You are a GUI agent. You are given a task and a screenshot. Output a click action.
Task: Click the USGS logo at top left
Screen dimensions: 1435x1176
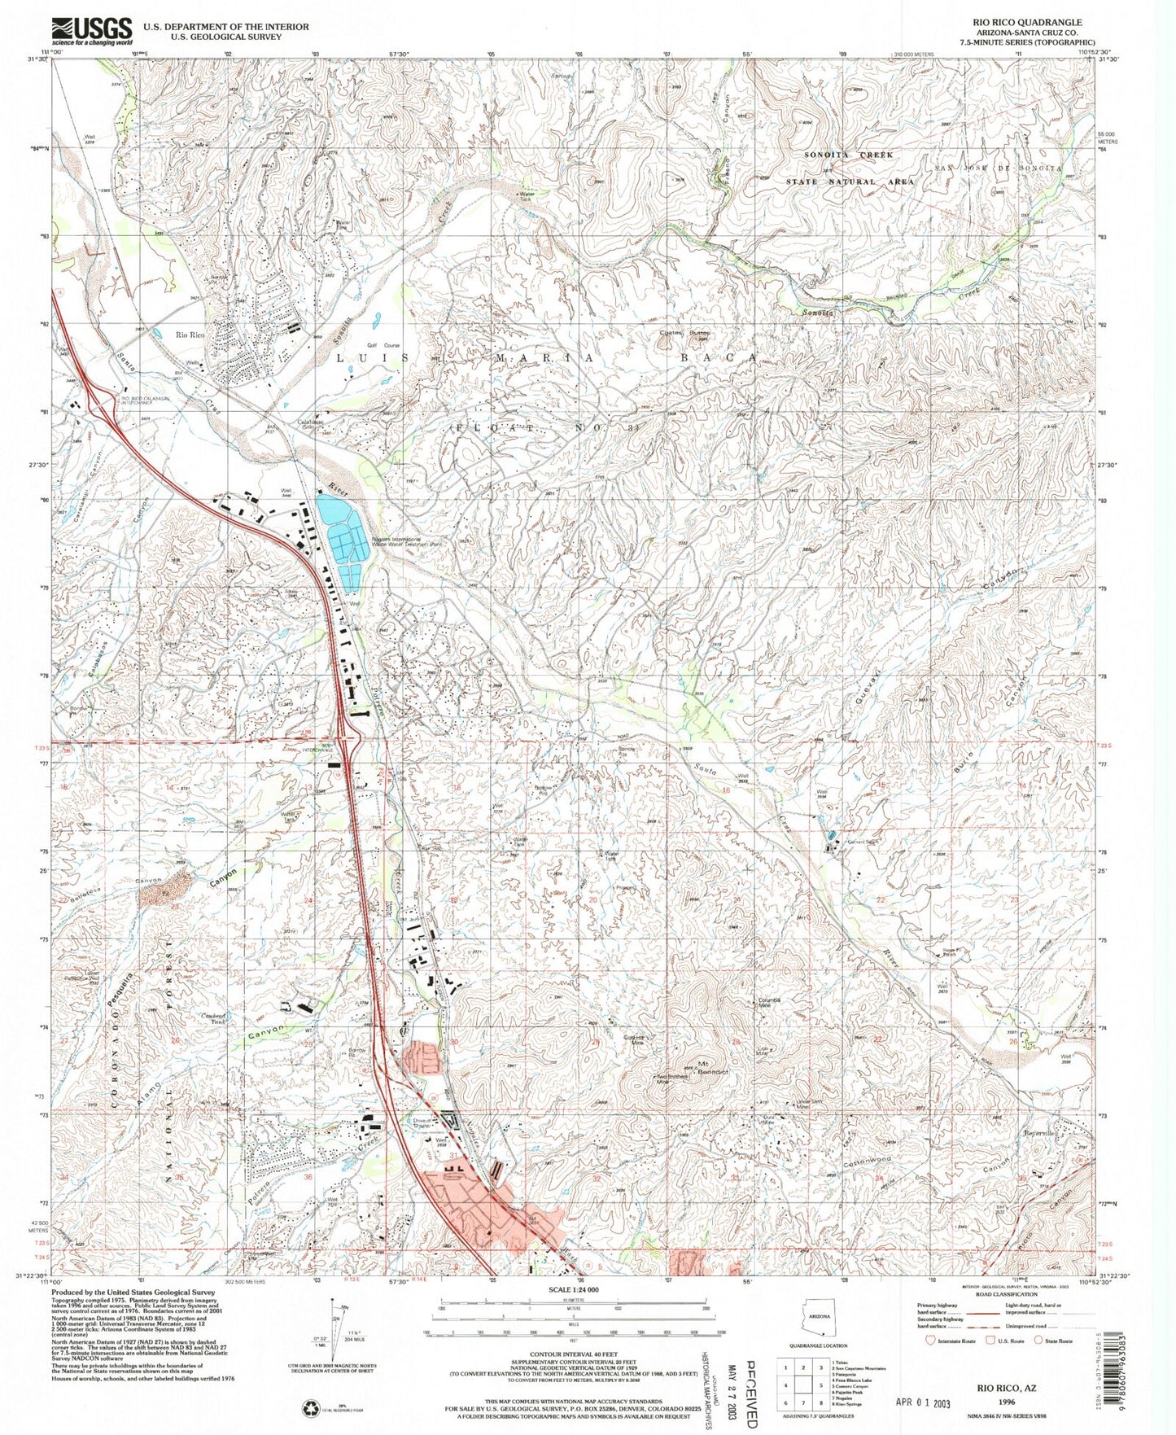(91, 31)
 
